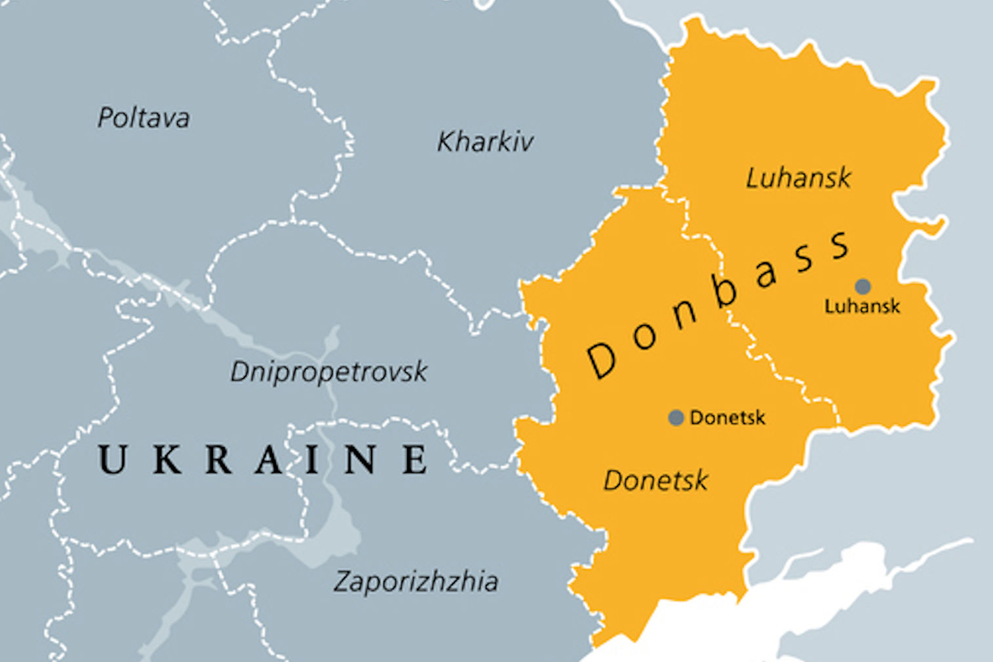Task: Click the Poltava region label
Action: point(144,118)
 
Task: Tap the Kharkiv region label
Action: point(485,142)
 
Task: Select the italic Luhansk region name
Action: point(798,178)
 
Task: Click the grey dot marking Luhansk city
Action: point(863,286)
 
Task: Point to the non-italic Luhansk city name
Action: point(862,306)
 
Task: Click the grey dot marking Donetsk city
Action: point(676,418)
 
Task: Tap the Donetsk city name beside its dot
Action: point(727,418)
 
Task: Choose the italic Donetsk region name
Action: point(655,480)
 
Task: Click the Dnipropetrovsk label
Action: point(328,372)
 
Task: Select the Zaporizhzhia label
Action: point(416,581)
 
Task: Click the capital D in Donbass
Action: point(602,360)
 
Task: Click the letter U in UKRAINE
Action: point(112,459)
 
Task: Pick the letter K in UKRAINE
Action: point(167,459)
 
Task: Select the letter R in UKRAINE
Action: point(218,459)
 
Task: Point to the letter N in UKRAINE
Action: point(360,459)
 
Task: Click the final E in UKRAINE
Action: point(415,459)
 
